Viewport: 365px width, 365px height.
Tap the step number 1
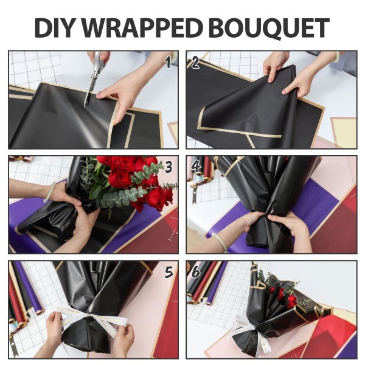tap(168, 61)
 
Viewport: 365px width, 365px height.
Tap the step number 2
tap(196, 61)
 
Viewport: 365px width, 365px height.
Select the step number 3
tap(169, 166)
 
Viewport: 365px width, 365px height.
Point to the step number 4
tap(196, 166)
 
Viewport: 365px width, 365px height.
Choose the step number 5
tap(169, 272)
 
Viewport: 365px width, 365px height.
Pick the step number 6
tap(196, 272)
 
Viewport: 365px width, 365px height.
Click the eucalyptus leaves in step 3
tap(116, 198)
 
